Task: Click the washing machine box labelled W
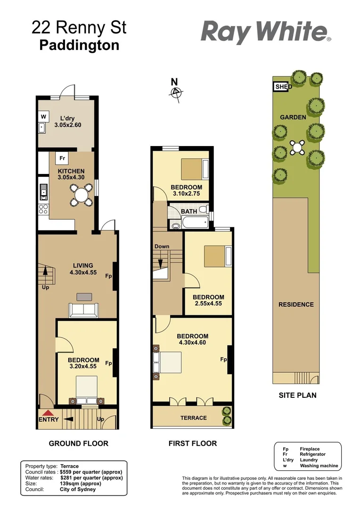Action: [x=43, y=116]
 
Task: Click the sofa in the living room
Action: [x=84, y=310]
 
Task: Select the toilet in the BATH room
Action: [x=203, y=209]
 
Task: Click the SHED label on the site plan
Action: [x=283, y=87]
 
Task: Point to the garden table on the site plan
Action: [x=298, y=147]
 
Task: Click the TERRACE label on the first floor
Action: [x=194, y=418]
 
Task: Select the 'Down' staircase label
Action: [x=162, y=246]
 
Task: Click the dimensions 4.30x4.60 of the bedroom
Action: [x=192, y=343]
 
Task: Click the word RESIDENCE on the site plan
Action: [x=296, y=304]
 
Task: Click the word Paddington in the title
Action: [x=79, y=46]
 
